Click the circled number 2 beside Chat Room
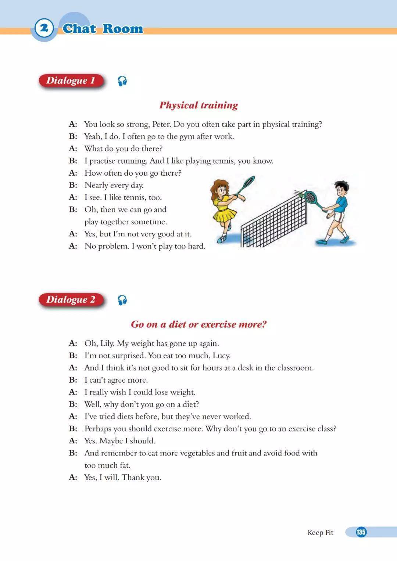44,28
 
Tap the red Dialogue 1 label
71,81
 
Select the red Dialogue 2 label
71,300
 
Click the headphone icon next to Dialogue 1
122,81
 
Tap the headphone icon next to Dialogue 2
122,300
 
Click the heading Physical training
198,105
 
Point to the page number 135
361,532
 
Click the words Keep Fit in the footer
320,532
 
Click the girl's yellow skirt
224,215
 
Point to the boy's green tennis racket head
311,197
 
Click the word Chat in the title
79,29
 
